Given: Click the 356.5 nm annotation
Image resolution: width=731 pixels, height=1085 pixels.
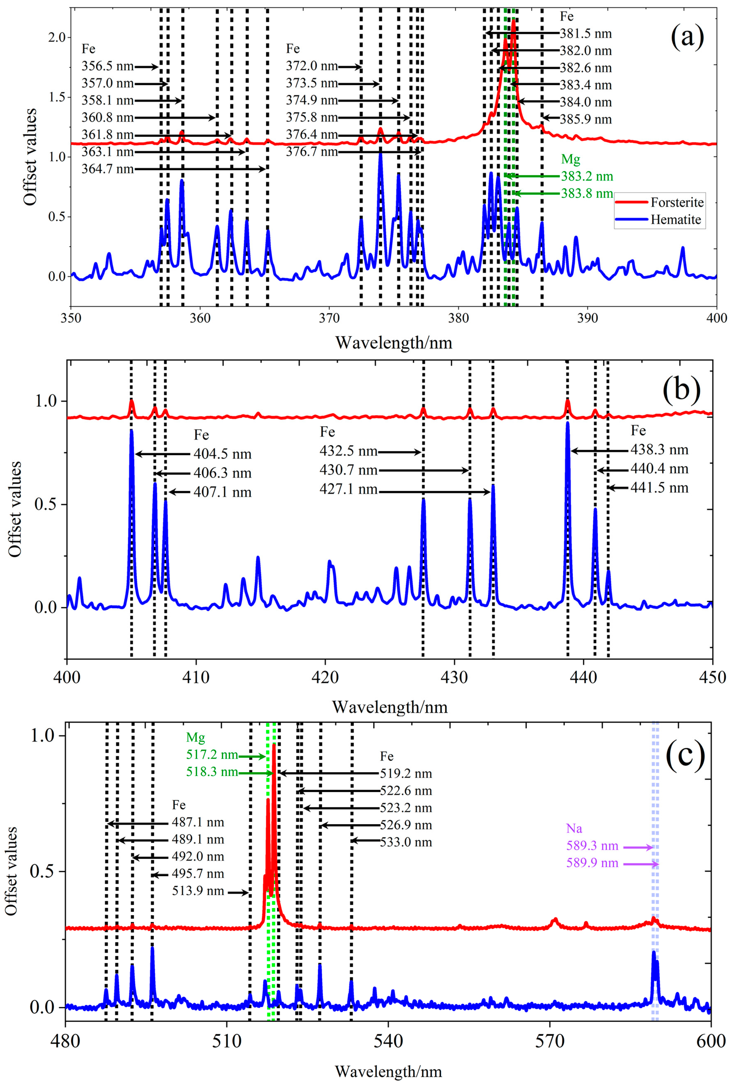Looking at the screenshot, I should point(107,67).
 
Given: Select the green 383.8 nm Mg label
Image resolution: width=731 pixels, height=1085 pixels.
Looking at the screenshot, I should point(587,193).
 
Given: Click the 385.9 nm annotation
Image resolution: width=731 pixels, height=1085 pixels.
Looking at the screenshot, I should point(586,119).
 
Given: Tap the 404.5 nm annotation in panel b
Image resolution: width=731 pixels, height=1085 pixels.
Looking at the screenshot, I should point(222,454).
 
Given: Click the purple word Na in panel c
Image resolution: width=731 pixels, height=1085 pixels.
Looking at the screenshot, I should point(574,829).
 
